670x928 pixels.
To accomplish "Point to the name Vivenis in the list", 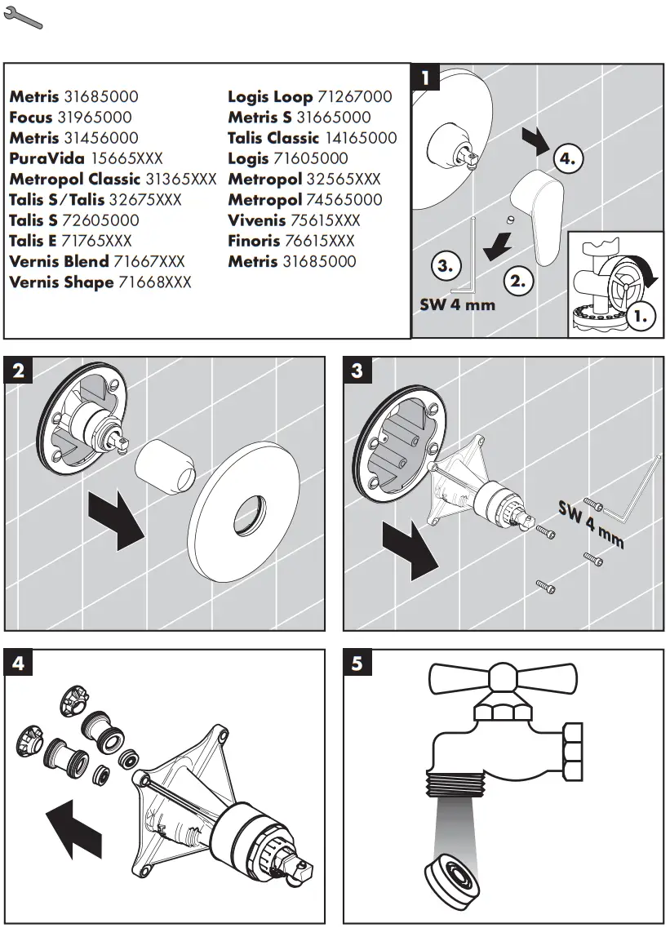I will pyautogui.click(x=256, y=220).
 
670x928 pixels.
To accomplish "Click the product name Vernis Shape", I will pyautogui.click(x=61, y=282).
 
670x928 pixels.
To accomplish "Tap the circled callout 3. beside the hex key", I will pyautogui.click(x=445, y=266).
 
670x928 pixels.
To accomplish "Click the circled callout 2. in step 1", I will pyautogui.click(x=517, y=282).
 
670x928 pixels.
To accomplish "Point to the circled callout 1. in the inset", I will pyautogui.click(x=642, y=314).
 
